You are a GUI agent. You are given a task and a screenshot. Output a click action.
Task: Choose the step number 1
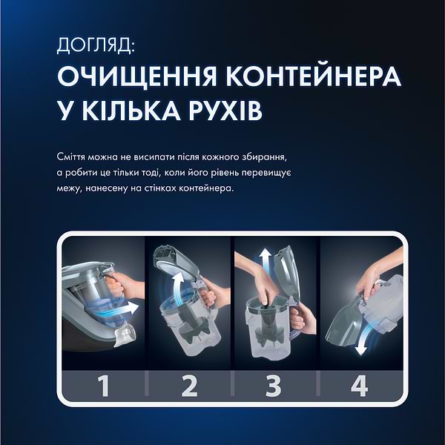click(104, 386)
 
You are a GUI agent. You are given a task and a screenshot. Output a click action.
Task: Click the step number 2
click(190, 386)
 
